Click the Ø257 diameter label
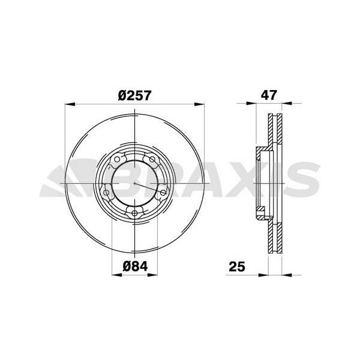(135, 95)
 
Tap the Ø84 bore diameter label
(135, 266)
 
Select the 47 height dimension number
(269, 95)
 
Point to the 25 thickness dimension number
(237, 266)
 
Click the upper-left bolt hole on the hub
(117, 159)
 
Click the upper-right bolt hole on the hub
(152, 159)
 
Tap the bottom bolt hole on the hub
(134, 214)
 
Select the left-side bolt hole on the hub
(106, 193)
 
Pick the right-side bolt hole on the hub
(163, 193)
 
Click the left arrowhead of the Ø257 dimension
(70, 104)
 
